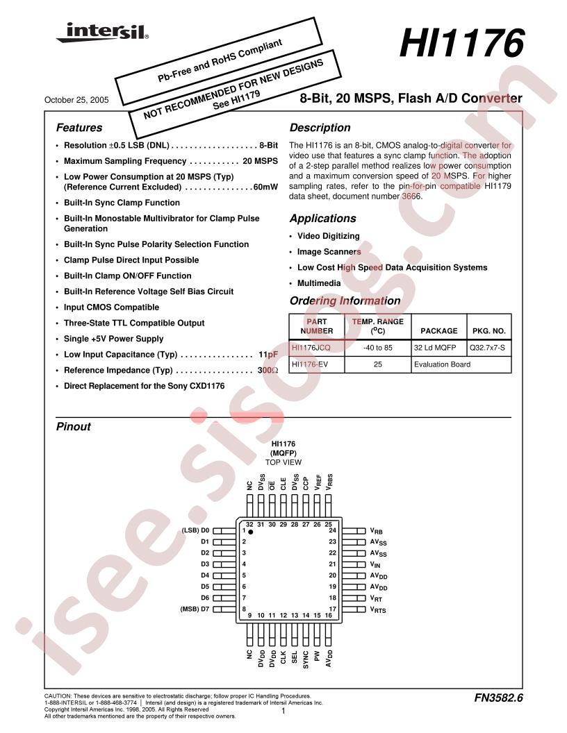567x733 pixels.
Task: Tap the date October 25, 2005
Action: tap(76, 100)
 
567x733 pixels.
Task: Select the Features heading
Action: tap(79, 128)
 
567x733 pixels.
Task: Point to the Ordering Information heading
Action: tap(345, 301)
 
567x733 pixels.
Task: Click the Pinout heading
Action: tap(73, 427)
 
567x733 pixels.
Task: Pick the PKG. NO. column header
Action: tap(489, 331)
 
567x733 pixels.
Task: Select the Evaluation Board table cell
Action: tap(442, 364)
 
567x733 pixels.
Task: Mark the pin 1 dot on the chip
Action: tap(251, 531)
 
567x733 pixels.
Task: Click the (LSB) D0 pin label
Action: tap(195, 530)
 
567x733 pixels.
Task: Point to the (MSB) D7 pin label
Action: tap(195, 609)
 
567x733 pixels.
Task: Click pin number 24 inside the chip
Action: tap(333, 530)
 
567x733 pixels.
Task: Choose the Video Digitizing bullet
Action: tap(328, 236)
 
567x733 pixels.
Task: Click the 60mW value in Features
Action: tap(265, 187)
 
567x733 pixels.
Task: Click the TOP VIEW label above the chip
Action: tap(283, 462)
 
